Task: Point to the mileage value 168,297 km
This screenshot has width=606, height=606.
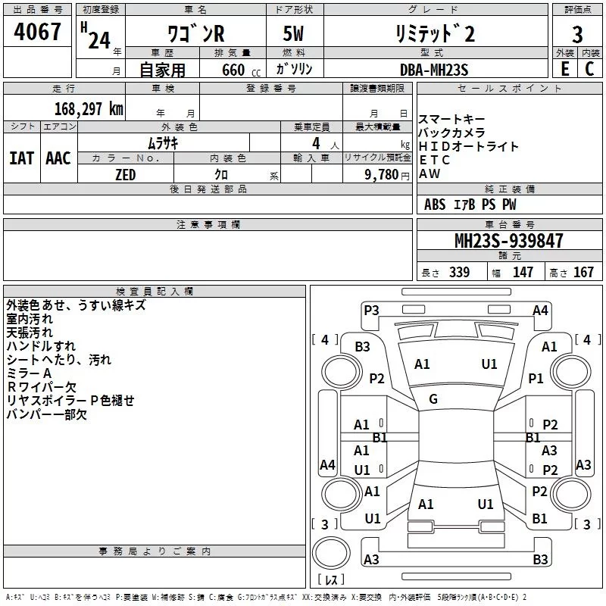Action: tap(89, 108)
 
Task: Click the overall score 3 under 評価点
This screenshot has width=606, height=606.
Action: tap(578, 35)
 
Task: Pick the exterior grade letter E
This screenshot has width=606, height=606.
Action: tap(564, 69)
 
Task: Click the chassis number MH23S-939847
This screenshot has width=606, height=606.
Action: tap(508, 241)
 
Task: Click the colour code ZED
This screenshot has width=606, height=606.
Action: tap(125, 174)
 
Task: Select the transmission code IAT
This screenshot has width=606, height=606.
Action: tap(21, 158)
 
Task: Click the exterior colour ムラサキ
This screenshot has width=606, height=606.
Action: tap(163, 142)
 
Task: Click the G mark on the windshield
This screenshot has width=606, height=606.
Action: tap(433, 399)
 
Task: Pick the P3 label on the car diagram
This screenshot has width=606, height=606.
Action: tap(371, 310)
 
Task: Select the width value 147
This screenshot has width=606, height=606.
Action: tap(523, 272)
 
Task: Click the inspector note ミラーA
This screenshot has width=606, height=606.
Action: tap(29, 373)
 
